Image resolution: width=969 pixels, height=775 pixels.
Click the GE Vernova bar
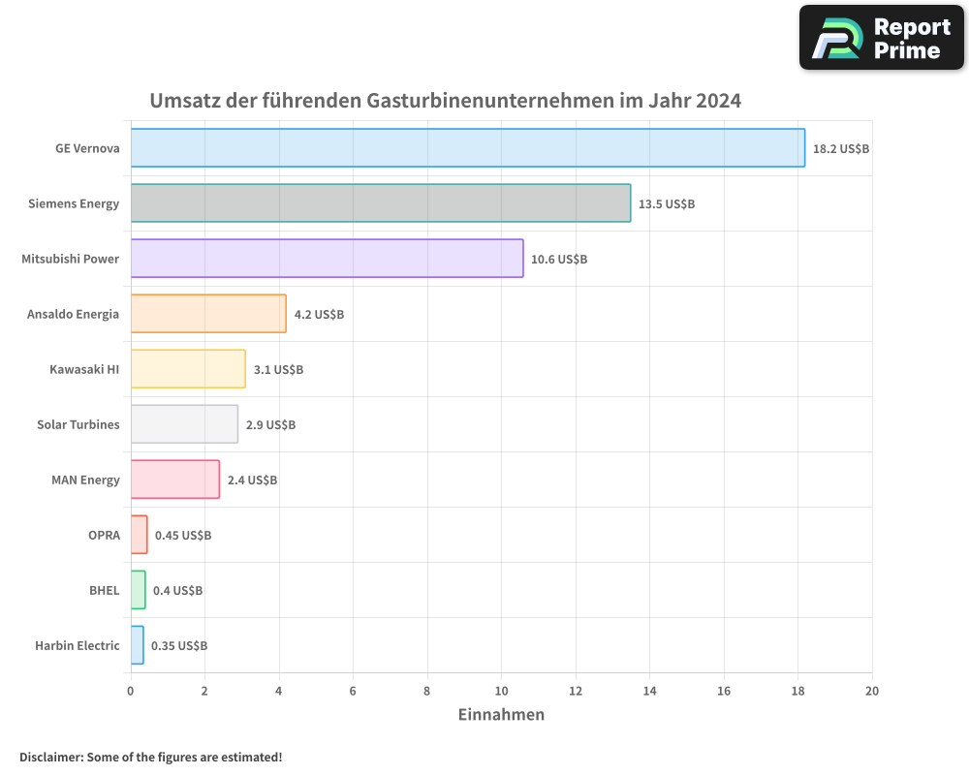point(467,148)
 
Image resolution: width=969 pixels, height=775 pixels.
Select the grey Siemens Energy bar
point(380,203)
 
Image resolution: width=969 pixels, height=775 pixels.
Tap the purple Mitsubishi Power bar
point(327,259)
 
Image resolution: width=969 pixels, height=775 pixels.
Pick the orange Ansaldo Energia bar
point(208,314)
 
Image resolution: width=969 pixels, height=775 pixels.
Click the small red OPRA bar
point(140,535)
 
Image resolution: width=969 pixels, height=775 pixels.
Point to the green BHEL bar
point(139,590)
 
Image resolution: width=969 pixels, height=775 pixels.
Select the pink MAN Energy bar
point(175,480)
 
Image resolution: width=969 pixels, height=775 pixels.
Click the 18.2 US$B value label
point(841,149)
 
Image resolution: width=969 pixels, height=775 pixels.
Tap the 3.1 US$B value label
point(278,370)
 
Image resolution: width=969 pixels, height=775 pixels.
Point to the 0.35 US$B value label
point(179,646)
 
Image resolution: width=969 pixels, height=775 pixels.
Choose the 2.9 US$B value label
point(270,425)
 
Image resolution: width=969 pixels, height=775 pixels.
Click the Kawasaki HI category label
point(84,370)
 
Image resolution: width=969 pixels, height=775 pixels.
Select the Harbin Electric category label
point(78,646)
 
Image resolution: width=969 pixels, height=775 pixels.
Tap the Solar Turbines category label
point(78,425)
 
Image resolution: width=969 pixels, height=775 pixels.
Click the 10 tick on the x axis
point(501,691)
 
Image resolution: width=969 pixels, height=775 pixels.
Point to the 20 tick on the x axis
point(871,691)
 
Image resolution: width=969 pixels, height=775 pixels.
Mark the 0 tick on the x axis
point(131,691)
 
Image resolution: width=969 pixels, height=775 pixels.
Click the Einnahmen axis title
point(501,715)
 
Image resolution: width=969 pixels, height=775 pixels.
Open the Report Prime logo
point(881,38)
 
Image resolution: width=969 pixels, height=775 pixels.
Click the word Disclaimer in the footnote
point(49,758)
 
